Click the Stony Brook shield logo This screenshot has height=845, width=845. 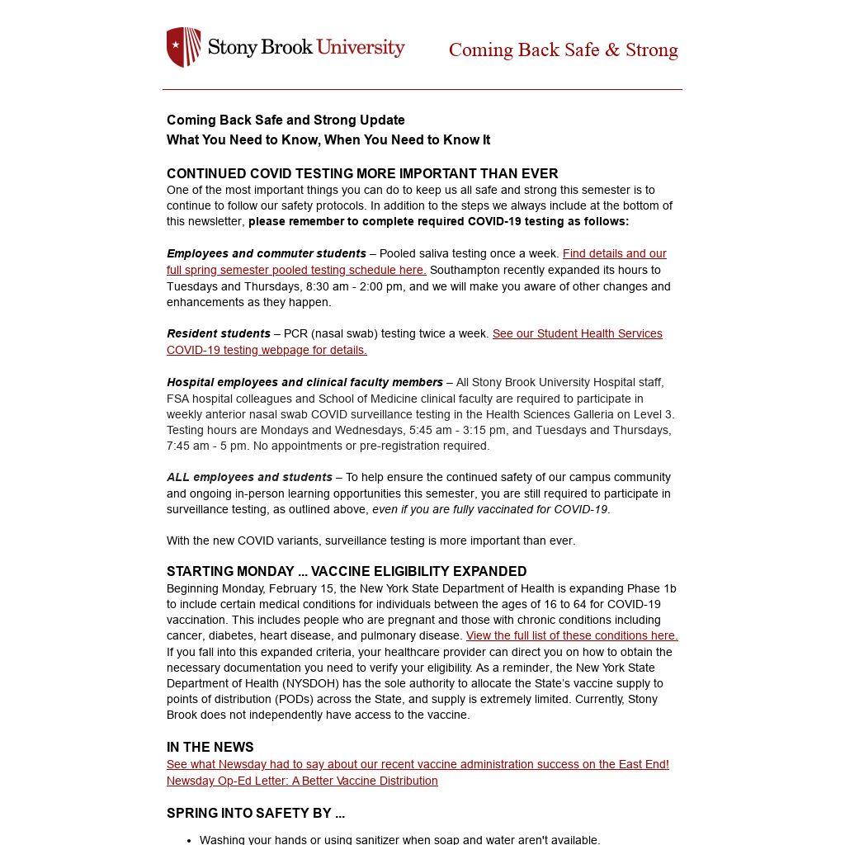[x=183, y=47]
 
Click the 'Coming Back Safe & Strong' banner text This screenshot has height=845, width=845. [x=563, y=50]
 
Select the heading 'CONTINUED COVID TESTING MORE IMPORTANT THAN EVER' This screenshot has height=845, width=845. [x=362, y=173]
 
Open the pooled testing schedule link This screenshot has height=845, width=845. [x=295, y=270]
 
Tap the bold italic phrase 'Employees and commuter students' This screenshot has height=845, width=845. [x=267, y=253]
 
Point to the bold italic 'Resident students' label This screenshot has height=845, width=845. [x=219, y=333]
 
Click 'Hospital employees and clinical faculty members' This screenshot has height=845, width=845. [x=305, y=382]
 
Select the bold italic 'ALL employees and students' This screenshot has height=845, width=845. [x=249, y=477]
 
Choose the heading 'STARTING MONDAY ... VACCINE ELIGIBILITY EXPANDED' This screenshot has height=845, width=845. [x=347, y=571]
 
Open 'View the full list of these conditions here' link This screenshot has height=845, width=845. [x=572, y=635]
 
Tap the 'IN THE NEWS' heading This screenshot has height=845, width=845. [x=210, y=747]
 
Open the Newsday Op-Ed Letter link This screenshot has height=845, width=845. [x=302, y=781]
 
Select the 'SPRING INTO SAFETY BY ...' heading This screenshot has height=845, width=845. [x=256, y=813]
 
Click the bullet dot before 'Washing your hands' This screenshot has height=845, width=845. [x=190, y=840]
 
